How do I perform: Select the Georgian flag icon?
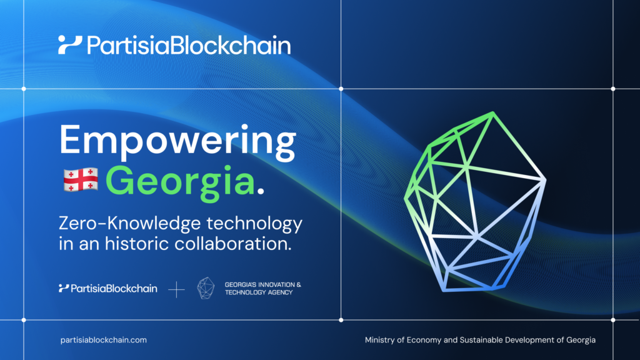pos(80,180)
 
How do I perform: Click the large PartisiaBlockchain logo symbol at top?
pos(70,45)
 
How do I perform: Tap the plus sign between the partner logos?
pos(177,289)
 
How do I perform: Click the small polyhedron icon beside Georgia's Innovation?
pos(206,288)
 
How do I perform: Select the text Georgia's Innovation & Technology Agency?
pos(262,288)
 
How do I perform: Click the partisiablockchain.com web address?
pos(104,340)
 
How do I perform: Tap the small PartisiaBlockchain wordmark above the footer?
pos(107,288)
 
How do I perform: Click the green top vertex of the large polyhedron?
pos(492,113)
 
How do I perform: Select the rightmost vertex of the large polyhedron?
pos(545,180)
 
